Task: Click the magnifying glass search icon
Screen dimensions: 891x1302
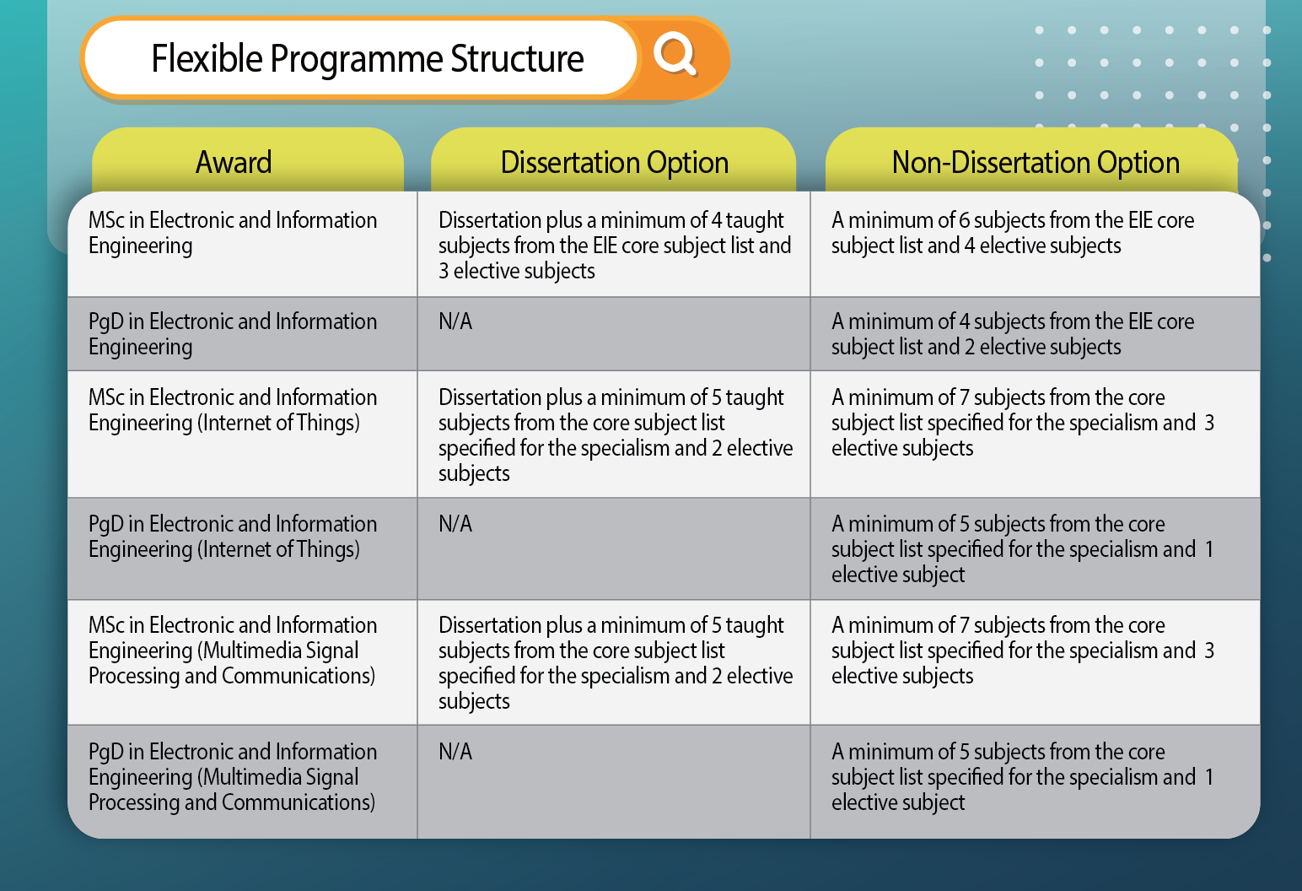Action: tap(675, 55)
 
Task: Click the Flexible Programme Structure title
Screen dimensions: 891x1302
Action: tap(367, 59)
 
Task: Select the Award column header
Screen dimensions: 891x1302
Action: tap(234, 162)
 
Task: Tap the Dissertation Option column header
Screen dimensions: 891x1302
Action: tap(614, 162)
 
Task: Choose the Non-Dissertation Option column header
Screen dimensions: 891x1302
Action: tap(1036, 162)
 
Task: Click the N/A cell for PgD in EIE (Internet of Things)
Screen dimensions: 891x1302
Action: tap(455, 524)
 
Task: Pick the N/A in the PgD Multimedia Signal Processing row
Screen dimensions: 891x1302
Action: tap(455, 752)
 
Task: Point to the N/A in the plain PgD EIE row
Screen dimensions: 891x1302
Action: tap(455, 321)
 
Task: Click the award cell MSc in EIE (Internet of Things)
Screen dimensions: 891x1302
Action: tap(233, 410)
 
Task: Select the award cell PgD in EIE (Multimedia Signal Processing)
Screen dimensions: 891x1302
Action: tap(233, 777)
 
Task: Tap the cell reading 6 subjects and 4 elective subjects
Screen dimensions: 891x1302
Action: tap(1012, 233)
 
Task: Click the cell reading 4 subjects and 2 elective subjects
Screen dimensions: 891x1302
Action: tap(1012, 334)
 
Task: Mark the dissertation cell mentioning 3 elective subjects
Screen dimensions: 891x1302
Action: tap(614, 246)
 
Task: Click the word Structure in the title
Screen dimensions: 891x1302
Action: tap(517, 59)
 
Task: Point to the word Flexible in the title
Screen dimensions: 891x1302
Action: tap(207, 59)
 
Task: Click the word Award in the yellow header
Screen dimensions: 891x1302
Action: tap(234, 162)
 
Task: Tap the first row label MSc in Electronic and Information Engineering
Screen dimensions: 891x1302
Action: tap(233, 233)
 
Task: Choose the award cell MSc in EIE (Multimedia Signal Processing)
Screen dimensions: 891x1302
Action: tap(233, 651)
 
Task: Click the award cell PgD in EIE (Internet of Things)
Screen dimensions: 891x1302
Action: tap(233, 537)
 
